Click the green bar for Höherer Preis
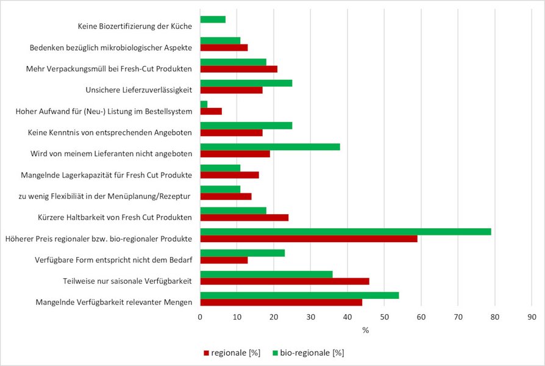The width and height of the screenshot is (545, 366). point(346,232)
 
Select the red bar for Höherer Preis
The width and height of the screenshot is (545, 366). point(309,239)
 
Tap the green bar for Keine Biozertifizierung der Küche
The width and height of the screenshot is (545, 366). point(213,20)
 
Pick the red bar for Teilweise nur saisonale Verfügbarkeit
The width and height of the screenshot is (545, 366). point(285,281)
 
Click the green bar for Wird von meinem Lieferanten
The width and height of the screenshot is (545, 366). point(271,147)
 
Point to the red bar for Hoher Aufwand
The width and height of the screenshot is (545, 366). point(212,112)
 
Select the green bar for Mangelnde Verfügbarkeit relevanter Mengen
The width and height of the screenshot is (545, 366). point(299,295)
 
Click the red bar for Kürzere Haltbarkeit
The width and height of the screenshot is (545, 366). point(244,217)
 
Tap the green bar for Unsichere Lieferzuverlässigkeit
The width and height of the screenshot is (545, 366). point(246,83)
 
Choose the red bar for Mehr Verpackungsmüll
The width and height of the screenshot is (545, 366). point(239,69)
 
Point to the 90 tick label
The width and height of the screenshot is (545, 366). point(532,317)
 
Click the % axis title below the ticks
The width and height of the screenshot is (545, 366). point(366,330)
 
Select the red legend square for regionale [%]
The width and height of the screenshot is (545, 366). point(206,353)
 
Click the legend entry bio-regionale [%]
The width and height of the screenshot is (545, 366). point(308,353)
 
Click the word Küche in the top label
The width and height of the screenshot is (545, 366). point(181,26)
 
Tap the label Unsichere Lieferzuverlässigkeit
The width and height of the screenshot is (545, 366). point(138,90)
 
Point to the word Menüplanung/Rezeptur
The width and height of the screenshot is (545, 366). point(149,196)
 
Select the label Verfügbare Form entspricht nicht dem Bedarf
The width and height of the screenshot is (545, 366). point(113,260)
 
